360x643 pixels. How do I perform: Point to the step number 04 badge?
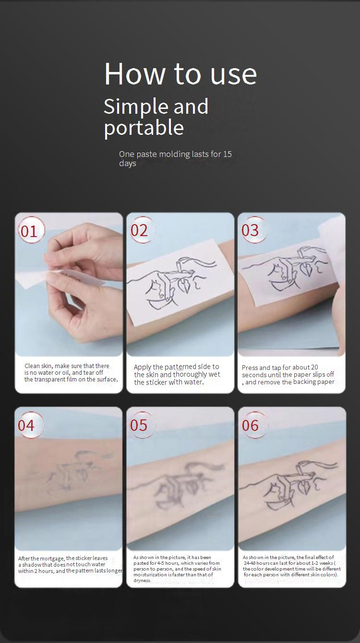click(30, 425)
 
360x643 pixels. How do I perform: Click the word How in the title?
click(134, 74)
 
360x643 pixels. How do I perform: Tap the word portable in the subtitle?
click(144, 128)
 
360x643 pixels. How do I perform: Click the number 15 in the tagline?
click(227, 154)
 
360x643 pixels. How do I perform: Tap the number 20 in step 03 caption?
click(314, 368)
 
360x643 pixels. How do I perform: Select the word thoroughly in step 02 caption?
click(191, 375)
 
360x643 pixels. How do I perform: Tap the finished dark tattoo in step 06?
click(288, 485)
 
